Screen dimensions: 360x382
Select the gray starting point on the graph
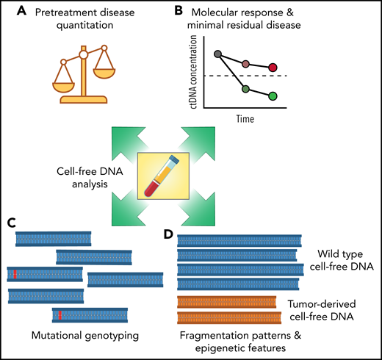pos(217,54)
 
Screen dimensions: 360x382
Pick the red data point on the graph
pos(273,68)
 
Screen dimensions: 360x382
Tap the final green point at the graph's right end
pos(273,96)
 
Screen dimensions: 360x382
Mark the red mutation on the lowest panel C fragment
pos(61,315)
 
